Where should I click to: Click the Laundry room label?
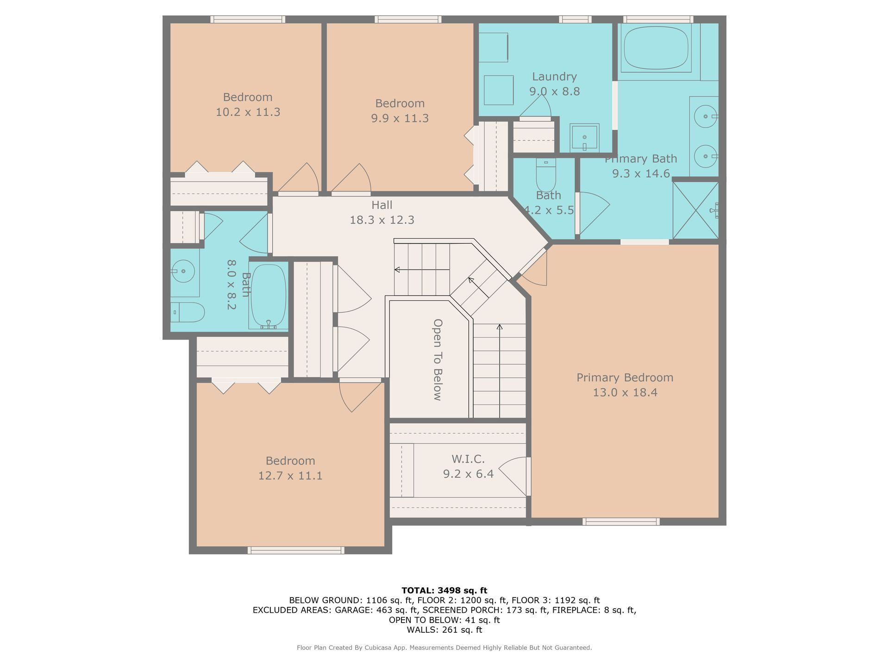tap(554, 77)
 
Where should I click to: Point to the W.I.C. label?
tap(468, 459)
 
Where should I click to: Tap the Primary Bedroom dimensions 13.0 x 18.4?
tap(625, 393)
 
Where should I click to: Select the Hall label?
tap(382, 205)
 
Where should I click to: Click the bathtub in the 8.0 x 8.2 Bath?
tap(269, 296)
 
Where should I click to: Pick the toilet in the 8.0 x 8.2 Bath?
tap(188, 313)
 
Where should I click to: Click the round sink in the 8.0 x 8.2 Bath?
tap(183, 271)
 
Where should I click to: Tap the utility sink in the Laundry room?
tap(584, 137)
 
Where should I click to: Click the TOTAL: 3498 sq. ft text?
tap(444, 591)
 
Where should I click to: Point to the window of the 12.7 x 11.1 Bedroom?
tap(296, 550)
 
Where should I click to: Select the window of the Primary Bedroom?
tap(621, 522)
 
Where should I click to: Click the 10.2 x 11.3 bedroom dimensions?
tap(248, 112)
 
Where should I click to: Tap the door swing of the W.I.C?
tap(513, 476)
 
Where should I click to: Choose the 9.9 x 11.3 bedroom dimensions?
tap(400, 118)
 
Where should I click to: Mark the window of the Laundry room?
tap(575, 19)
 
